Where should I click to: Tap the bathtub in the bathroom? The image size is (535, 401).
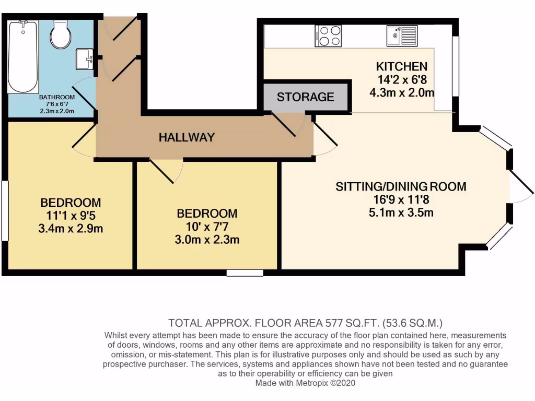pyautogui.click(x=22, y=56)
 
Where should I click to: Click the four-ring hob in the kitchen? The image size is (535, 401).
pyautogui.click(x=328, y=36)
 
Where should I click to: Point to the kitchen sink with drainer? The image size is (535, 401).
pyautogui.click(x=402, y=36)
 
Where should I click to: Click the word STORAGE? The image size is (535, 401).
pyautogui.click(x=305, y=97)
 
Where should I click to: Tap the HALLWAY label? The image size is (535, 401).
pyautogui.click(x=187, y=137)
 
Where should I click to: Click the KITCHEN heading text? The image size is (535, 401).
pyautogui.click(x=402, y=66)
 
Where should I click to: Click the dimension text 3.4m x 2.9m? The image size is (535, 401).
pyautogui.click(x=71, y=229)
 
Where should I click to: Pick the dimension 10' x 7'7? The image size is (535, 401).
pyautogui.click(x=207, y=227)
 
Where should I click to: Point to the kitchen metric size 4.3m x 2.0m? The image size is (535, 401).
pyautogui.click(x=402, y=92)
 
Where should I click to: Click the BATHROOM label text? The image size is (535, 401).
pyautogui.click(x=57, y=97)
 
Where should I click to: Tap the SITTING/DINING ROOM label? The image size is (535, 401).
pyautogui.click(x=400, y=186)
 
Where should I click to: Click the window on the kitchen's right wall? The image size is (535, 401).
pyautogui.click(x=455, y=66)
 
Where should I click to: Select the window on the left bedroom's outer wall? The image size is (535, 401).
pyautogui.click(x=5, y=210)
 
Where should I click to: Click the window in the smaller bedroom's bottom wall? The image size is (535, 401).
pyautogui.click(x=245, y=273)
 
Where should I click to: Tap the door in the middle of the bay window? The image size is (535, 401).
pyautogui.click(x=520, y=186)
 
